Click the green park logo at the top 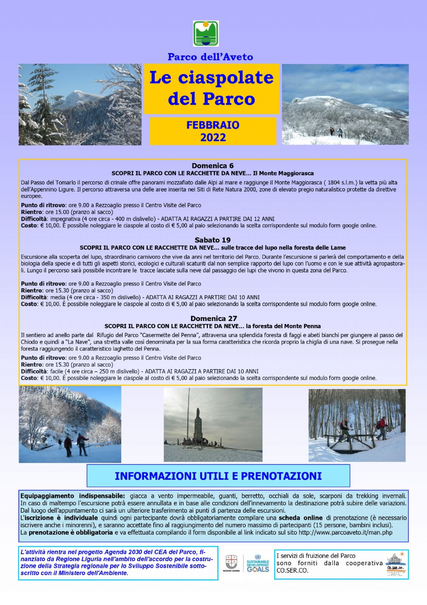click(206, 34)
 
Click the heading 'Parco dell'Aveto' click(210, 57)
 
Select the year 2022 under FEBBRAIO click(213, 137)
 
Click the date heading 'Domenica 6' click(213, 166)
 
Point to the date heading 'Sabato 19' click(213, 240)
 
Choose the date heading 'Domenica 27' click(214, 318)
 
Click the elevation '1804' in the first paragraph click(334, 183)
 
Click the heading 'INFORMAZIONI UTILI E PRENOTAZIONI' click(218, 476)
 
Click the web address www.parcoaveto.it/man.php click(345, 532)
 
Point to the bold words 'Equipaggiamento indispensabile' click(72, 496)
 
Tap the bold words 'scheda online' click(301, 518)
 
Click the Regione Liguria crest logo click(231, 562)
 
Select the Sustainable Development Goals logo click(258, 563)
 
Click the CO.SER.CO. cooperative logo click(395, 563)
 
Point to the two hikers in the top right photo click(336, 132)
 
